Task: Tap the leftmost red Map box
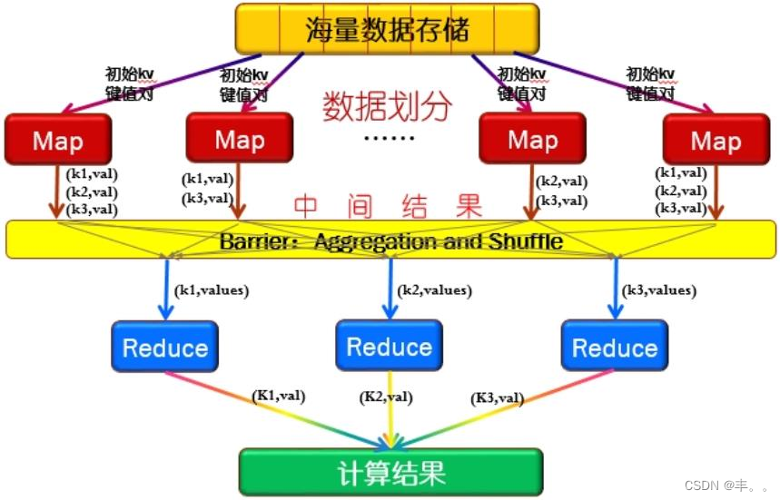[x=58, y=141]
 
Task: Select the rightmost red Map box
[x=716, y=141]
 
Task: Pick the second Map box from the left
[x=240, y=139]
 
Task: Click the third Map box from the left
[x=532, y=139]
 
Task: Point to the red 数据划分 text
[x=387, y=107]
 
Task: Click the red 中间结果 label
[x=387, y=207]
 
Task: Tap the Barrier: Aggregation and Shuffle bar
[x=390, y=241]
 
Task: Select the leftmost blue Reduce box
[x=165, y=347]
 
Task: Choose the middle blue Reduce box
[x=390, y=346]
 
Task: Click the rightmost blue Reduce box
[x=615, y=347]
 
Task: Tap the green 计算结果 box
[x=390, y=473]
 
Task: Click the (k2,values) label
[x=435, y=290]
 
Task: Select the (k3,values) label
[x=659, y=290]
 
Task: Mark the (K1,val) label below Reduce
[x=278, y=395]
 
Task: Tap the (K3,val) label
[x=497, y=397]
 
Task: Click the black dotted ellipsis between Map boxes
[x=389, y=139]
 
